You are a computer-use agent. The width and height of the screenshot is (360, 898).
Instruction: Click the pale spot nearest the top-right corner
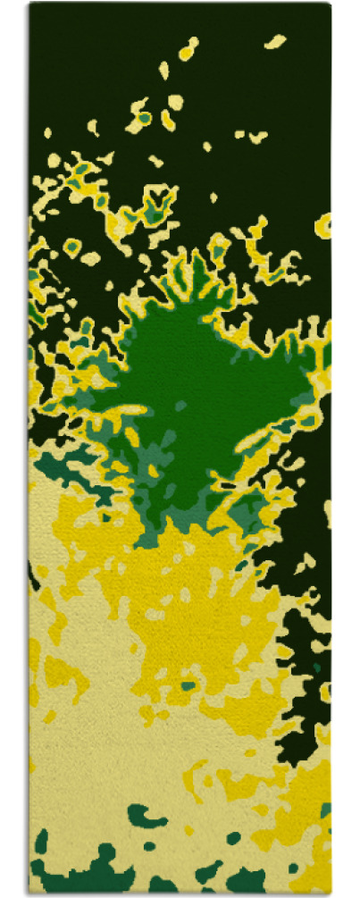[x=276, y=41]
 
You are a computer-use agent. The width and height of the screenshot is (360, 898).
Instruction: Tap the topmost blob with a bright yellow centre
[x=188, y=50]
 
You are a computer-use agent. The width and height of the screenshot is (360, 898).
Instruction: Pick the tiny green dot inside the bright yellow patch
[x=188, y=686]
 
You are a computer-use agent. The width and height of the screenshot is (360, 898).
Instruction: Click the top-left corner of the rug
[x=30, y=4]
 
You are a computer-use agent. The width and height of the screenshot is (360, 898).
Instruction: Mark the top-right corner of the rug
[x=330, y=4]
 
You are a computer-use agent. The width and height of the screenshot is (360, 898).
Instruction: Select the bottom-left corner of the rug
[x=30, y=894]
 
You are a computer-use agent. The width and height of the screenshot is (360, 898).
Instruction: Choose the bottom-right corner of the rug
[x=330, y=894]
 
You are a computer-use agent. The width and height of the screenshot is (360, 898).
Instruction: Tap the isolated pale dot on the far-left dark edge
[x=47, y=133]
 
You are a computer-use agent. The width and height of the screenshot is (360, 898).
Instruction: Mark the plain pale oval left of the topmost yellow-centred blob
[x=164, y=69]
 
